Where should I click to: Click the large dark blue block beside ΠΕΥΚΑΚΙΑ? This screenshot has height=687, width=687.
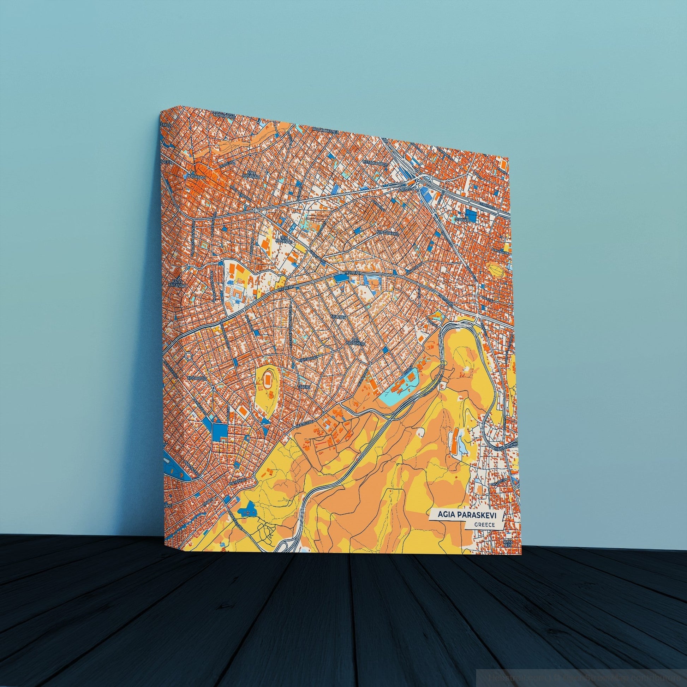472,214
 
